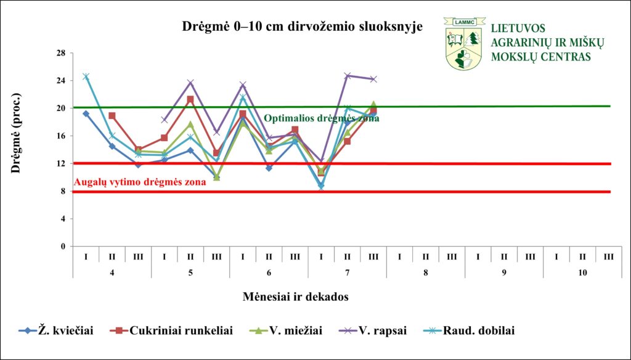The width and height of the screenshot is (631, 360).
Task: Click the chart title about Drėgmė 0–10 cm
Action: point(302,27)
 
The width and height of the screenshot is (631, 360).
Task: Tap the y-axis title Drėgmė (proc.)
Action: point(15,133)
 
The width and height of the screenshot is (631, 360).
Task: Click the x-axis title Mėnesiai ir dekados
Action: point(295,297)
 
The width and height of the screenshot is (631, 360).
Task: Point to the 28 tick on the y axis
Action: point(62,53)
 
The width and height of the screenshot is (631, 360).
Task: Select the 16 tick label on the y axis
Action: point(62,136)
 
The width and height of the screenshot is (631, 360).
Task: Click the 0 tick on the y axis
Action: point(64,246)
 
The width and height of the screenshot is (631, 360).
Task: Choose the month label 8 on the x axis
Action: point(425,272)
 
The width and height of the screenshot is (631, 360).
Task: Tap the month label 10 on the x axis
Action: point(582,272)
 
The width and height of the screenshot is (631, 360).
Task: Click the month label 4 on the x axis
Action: point(112,272)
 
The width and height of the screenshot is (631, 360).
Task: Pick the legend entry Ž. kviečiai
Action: point(56,330)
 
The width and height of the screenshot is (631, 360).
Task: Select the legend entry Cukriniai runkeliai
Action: point(171,330)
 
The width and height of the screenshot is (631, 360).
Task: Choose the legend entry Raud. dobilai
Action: point(468,330)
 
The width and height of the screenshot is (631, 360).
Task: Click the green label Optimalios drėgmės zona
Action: point(321,118)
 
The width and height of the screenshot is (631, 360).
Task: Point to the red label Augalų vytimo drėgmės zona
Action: point(140,182)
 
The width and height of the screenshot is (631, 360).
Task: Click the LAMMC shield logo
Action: point(465,43)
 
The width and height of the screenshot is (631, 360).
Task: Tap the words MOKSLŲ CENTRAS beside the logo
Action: point(541,56)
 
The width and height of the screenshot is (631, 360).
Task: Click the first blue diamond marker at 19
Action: point(86,113)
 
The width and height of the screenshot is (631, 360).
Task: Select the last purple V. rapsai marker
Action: point(373,80)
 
